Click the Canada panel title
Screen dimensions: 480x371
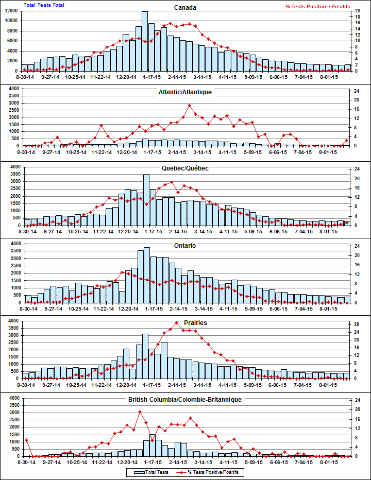pos(185,8)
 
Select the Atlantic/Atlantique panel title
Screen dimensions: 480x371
pos(185,92)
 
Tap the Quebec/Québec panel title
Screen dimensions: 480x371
pos(185,168)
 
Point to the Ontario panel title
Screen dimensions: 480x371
pos(185,246)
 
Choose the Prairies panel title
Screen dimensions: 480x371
pos(185,323)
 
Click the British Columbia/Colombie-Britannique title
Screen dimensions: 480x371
pos(185,399)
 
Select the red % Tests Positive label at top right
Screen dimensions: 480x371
pos(317,6)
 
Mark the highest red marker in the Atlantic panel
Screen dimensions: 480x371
pos(189,105)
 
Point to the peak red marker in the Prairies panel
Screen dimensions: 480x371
pos(177,323)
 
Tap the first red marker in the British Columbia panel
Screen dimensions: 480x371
pos(26,440)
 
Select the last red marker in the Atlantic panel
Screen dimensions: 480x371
pos(347,140)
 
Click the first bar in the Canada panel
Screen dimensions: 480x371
pos(25,67)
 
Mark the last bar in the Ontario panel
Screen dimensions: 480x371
pos(347,300)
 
